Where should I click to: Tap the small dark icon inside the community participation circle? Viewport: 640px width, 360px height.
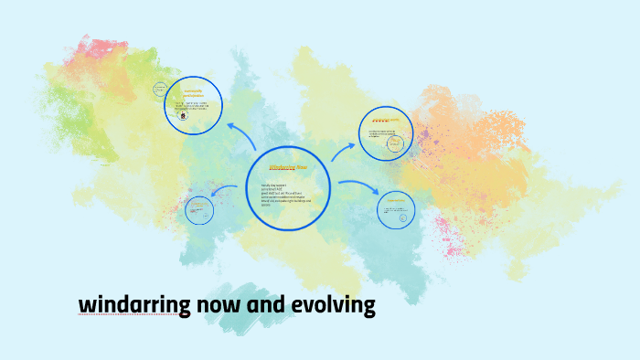point(185,116)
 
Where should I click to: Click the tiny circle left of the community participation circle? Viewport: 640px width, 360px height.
point(160,90)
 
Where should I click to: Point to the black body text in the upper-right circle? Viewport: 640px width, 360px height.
point(382,134)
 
